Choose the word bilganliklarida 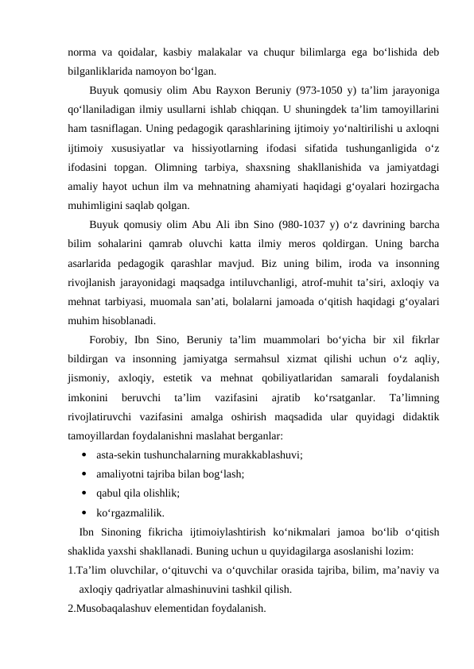point(103,71)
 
